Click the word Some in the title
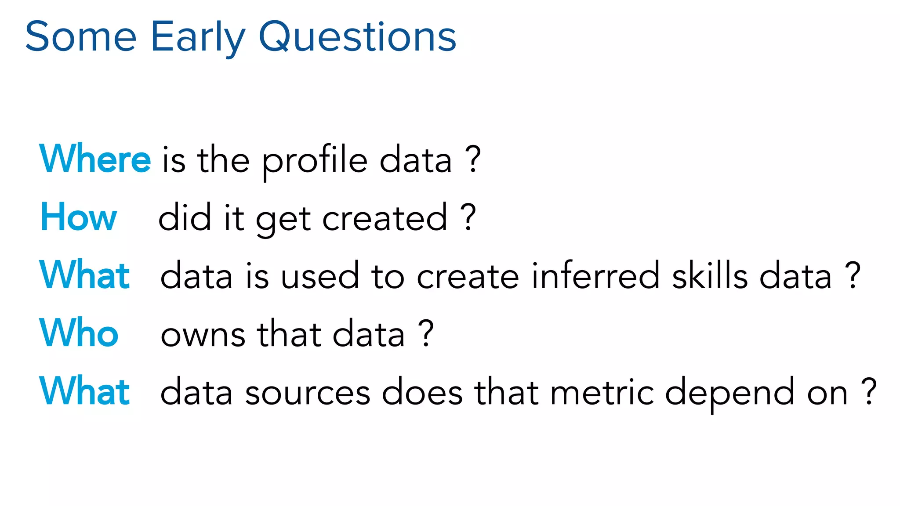[81, 37]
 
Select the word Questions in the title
[358, 37]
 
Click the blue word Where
[95, 159]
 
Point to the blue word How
[79, 217]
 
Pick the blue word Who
[79, 333]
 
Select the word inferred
[595, 276]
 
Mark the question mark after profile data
[473, 159]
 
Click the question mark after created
[468, 217]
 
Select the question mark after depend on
[869, 391]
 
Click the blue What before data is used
[84, 275]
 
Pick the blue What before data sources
[84, 391]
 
